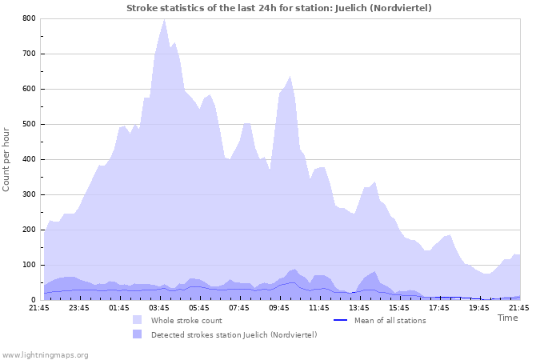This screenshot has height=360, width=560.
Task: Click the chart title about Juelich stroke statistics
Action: (279, 8)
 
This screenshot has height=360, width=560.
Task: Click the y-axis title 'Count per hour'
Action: (7, 158)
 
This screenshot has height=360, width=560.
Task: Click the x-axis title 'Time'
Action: (507, 318)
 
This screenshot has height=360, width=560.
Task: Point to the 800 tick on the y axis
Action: (29, 18)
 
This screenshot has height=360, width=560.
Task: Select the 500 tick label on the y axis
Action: (29, 124)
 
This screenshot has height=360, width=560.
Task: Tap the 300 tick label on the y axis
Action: (29, 194)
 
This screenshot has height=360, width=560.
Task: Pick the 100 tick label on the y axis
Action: (29, 265)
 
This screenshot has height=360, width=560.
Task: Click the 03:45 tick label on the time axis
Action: (159, 307)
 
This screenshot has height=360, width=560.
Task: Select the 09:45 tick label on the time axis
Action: (279, 307)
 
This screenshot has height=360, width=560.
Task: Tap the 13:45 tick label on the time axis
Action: (359, 307)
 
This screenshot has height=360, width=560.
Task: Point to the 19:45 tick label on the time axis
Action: (479, 307)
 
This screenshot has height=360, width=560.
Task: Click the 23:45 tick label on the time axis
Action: (79, 307)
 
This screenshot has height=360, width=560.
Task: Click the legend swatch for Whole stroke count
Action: (138, 320)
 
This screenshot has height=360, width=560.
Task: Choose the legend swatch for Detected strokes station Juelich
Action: (138, 334)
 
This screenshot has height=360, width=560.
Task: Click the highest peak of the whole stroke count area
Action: (164, 19)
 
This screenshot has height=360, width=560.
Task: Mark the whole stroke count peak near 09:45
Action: (290, 76)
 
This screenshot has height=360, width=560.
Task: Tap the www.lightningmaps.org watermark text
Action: (45, 354)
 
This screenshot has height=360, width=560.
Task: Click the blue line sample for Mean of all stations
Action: (340, 320)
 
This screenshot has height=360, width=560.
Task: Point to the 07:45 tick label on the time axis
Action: (239, 307)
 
